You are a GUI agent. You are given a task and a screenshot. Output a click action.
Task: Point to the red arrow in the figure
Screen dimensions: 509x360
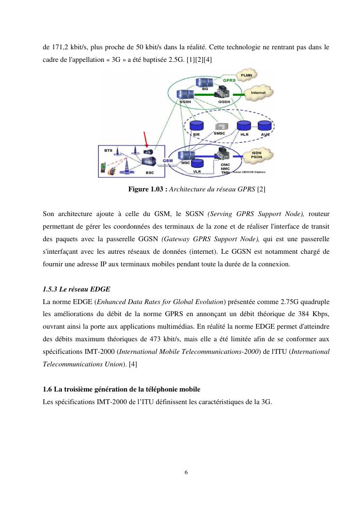(145, 137)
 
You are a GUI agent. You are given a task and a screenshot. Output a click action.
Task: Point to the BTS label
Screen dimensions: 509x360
(108, 150)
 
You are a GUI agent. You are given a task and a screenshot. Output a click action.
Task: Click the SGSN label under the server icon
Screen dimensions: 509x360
(186, 102)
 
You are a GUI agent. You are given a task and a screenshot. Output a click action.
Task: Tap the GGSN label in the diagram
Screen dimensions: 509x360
(224, 102)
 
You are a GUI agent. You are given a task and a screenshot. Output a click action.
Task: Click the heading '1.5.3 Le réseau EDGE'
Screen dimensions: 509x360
(76, 289)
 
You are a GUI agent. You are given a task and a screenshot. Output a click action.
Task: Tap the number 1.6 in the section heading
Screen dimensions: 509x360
(47, 390)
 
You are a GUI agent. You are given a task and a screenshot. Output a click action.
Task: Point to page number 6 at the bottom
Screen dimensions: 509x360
(186, 472)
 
